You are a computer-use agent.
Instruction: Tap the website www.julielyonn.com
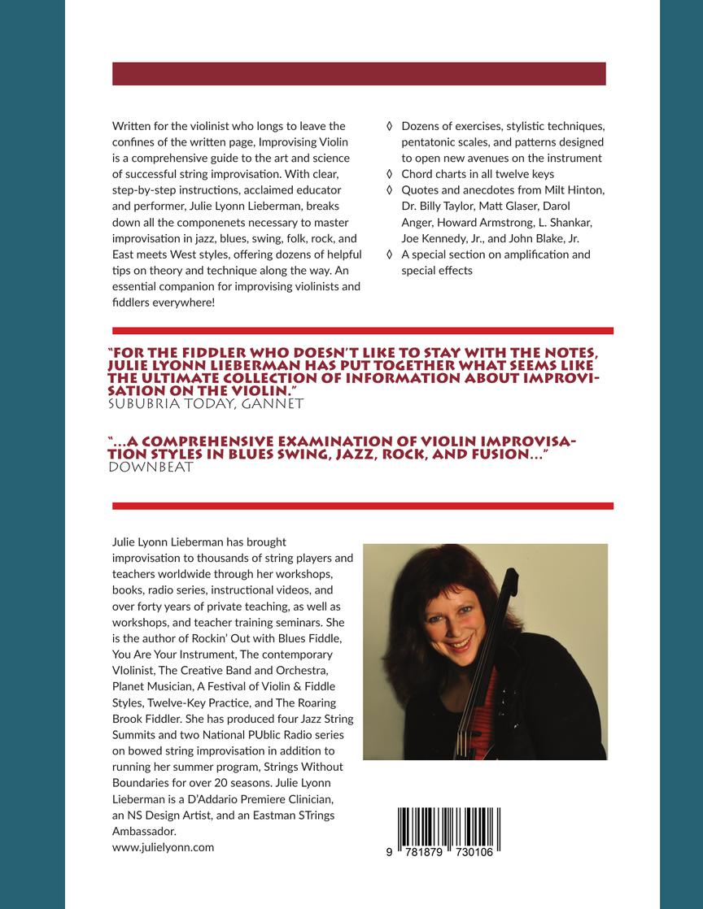coord(163,846)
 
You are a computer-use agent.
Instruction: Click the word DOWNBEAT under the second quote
coord(150,467)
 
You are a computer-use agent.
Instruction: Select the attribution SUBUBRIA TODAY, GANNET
coord(206,402)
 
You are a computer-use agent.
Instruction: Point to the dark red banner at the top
coord(359,73)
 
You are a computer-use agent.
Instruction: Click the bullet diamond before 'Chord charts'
coord(390,174)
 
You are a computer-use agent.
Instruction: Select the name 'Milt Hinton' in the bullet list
coord(575,190)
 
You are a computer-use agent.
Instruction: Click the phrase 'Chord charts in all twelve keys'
coord(478,174)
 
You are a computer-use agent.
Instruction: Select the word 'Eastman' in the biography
coord(254,815)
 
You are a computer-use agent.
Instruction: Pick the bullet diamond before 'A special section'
coord(390,254)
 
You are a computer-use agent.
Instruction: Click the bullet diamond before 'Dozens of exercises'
coord(390,126)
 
